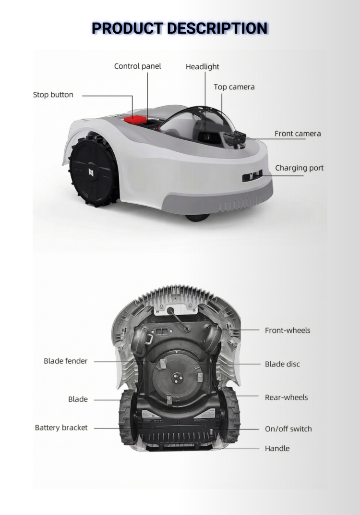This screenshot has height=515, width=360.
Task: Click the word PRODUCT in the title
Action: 127,28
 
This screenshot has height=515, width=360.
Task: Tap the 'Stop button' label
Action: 53,95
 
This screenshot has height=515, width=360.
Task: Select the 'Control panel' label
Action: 137,66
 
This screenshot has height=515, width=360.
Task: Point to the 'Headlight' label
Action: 202,67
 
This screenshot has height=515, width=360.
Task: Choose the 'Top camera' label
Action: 234,87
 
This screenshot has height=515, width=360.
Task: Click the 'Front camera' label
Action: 298,134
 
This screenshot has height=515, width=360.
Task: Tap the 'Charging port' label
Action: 299,168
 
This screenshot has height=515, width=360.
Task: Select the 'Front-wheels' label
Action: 288,331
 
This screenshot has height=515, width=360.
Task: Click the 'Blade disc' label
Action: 282,364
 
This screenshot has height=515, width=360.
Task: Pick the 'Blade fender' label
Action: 66,361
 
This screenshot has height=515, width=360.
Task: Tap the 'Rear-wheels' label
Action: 286,398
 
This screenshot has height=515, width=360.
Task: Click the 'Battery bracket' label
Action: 61,428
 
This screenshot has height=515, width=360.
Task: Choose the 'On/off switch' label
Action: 288,429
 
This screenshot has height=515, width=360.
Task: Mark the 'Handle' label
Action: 277,449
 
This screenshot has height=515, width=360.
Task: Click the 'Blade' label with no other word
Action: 78,399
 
